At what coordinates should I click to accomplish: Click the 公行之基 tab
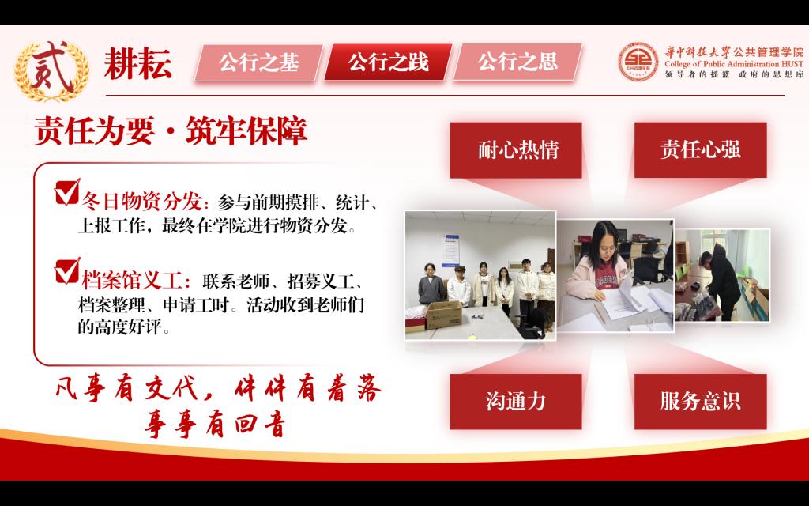(258, 62)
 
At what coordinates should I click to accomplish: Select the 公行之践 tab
(388, 62)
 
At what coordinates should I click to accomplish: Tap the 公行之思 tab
(517, 62)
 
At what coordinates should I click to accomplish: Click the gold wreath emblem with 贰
(51, 70)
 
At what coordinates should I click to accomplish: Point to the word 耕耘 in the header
(137, 64)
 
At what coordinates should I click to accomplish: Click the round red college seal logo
(638, 62)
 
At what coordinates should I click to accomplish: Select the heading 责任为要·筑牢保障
(171, 131)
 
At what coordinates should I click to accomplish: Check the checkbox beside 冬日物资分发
(67, 191)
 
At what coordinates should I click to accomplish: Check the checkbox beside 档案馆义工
(67, 271)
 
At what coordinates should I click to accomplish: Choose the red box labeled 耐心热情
(516, 150)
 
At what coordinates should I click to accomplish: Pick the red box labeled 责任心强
(700, 150)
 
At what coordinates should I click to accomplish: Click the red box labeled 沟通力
(516, 402)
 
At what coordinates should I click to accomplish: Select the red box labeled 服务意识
(700, 402)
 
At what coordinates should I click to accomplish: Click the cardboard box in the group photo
(444, 315)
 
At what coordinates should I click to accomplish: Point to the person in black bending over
(721, 279)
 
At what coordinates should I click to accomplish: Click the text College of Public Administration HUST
(734, 64)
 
